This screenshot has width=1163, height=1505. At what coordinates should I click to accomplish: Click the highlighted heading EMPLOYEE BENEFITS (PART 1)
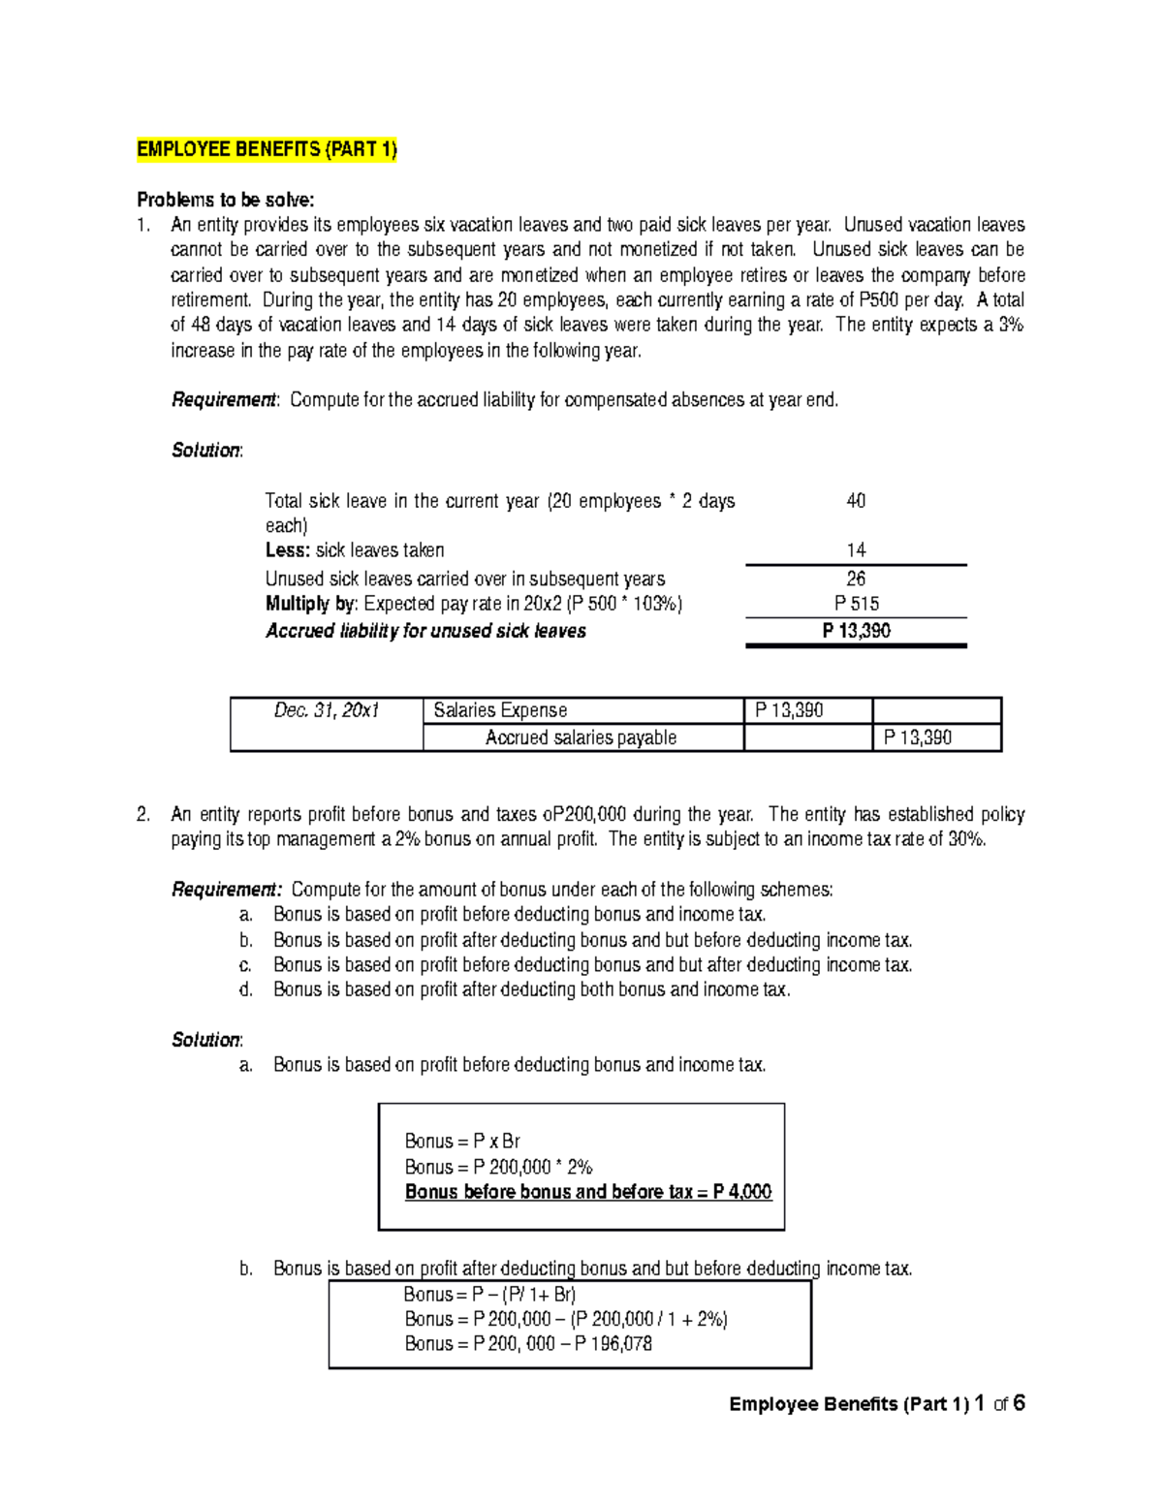click(267, 149)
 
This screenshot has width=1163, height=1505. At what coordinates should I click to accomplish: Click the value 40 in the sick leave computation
click(856, 501)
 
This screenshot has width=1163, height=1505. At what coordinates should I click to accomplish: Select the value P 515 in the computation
click(856, 604)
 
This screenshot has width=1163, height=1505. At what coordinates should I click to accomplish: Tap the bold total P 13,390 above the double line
click(856, 631)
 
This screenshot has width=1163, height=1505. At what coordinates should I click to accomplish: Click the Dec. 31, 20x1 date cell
click(326, 710)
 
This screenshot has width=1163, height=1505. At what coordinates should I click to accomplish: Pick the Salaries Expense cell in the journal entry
click(500, 710)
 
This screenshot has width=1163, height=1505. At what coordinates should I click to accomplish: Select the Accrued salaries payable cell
click(581, 737)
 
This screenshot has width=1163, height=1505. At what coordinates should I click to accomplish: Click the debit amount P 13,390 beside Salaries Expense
click(789, 710)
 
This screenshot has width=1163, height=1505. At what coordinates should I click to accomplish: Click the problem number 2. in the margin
click(143, 814)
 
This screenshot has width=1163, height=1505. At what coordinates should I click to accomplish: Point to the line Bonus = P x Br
click(462, 1141)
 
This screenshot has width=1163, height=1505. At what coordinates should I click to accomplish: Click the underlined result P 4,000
click(742, 1192)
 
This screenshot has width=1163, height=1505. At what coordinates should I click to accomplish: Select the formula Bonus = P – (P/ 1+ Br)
click(489, 1295)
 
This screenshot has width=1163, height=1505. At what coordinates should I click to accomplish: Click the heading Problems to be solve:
click(225, 200)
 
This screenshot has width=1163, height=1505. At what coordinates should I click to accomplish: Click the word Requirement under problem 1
click(223, 400)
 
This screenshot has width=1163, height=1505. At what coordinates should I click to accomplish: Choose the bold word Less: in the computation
click(287, 550)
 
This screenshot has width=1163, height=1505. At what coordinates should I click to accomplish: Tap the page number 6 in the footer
click(1019, 1403)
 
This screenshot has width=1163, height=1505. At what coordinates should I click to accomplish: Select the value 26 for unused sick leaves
click(856, 579)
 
